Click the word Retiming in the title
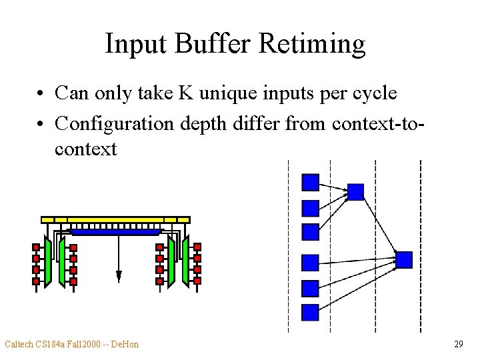(312, 44)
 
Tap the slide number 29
(458, 344)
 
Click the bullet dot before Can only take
(41, 93)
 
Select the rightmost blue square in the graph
(404, 259)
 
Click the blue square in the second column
(356, 192)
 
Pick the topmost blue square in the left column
(311, 182)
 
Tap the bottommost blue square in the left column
(311, 312)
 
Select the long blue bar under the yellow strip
(117, 232)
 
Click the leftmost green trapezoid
(47, 261)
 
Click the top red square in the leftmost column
(36, 247)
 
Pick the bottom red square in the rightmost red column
(197, 281)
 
